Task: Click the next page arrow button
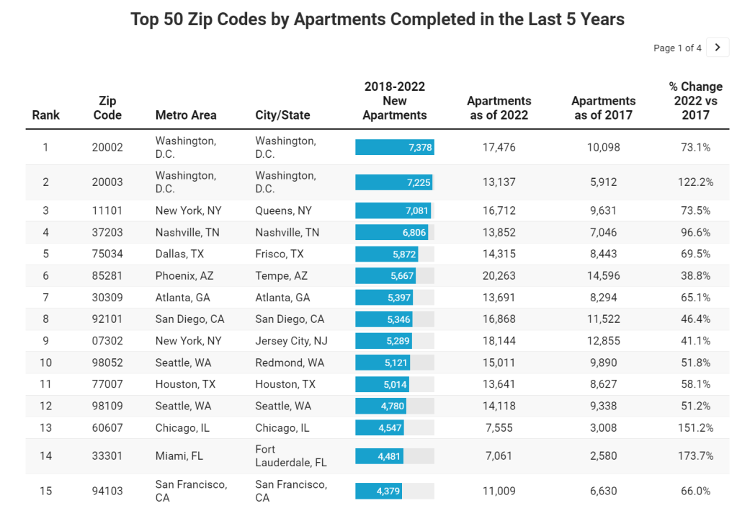718,48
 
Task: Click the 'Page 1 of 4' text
677,48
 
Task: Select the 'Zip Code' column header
107,108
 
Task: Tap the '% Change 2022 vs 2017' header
695,101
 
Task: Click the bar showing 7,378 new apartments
394,147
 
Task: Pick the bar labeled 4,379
378,491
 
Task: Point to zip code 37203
107,232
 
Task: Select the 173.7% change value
695,456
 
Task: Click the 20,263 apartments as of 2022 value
499,275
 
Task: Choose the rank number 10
45,362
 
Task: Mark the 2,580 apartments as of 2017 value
604,456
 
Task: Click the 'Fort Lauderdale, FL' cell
290,456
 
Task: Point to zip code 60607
107,427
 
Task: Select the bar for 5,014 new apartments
382,383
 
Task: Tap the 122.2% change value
695,182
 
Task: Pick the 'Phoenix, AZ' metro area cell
184,275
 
